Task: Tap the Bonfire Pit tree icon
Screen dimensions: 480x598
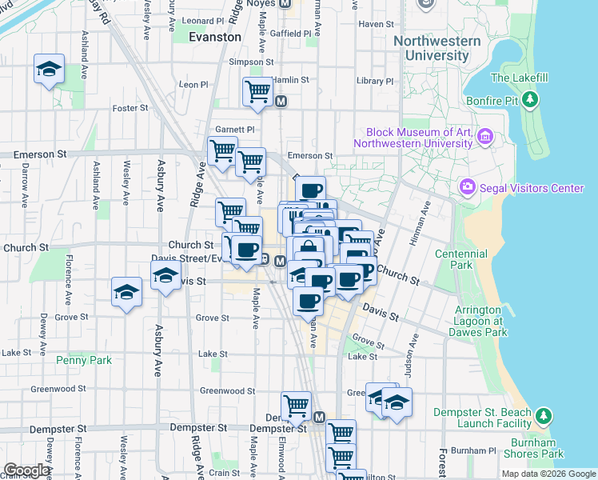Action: coord(530,99)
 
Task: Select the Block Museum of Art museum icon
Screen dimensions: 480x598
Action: coord(484,138)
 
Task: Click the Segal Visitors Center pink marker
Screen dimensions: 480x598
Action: coord(467,188)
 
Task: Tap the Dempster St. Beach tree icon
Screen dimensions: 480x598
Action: coord(544,416)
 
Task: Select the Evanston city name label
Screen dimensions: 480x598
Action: coord(215,37)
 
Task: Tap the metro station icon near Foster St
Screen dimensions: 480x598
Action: coord(281,102)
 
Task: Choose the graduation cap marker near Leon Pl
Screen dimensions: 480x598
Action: coord(49,70)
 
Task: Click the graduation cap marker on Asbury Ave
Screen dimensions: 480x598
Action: coord(165,278)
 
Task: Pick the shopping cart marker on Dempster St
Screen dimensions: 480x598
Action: coord(296,406)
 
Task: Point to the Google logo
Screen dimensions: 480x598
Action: coord(26,470)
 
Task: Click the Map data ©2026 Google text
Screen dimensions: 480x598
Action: coord(548,474)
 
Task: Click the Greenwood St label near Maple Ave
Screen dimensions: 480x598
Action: coord(221,390)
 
